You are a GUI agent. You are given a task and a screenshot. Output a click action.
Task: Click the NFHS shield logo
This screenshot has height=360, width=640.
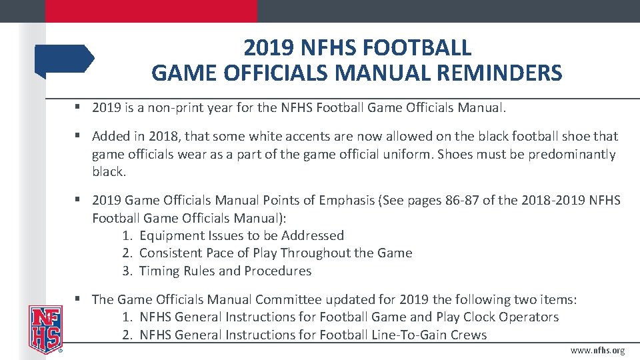point(45,329)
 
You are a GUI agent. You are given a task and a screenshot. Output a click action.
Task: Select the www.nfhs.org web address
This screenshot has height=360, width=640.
point(597,351)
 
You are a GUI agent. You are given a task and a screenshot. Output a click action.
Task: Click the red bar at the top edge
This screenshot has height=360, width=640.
point(151,11)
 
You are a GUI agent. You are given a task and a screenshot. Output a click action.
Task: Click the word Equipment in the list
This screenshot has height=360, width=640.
point(171,235)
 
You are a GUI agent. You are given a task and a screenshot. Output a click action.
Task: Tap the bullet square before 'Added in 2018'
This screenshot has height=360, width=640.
point(78,136)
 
